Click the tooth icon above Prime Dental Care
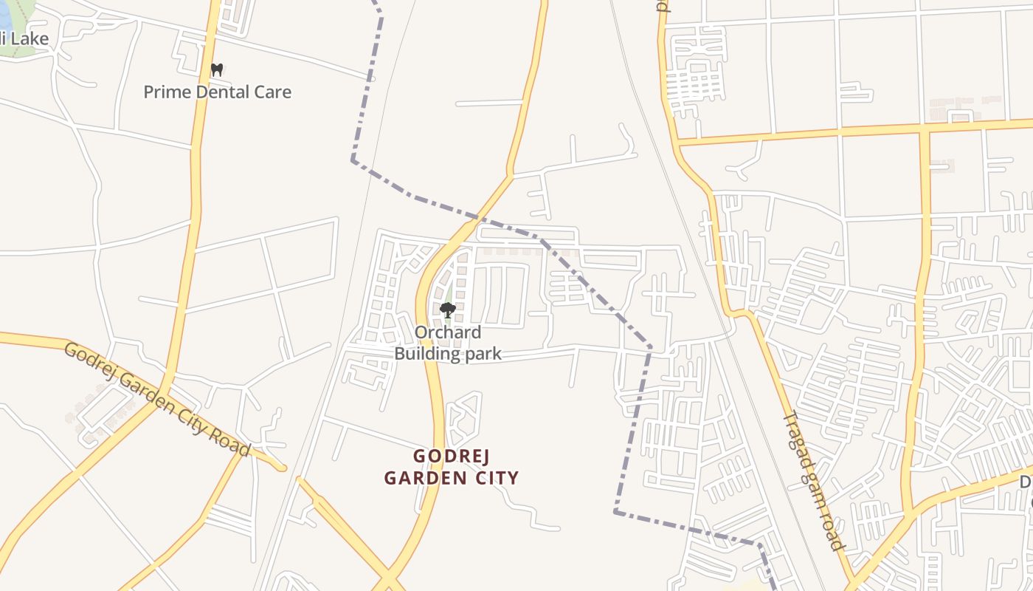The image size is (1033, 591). pos(216,70)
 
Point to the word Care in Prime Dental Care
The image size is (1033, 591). pos(272,92)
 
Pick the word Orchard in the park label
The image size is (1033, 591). pos(447,332)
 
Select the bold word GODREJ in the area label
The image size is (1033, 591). pos(451,456)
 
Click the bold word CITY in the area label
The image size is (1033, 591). pos(495,478)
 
